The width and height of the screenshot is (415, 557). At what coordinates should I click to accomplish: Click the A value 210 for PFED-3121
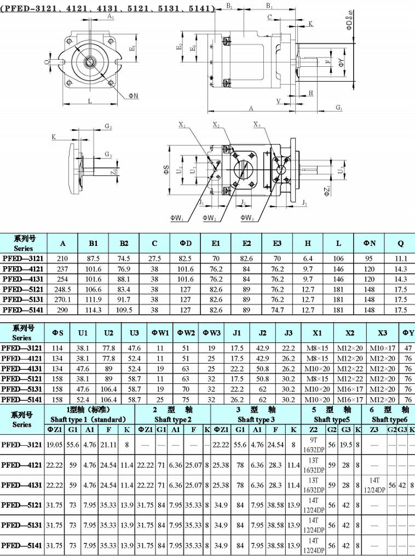click(x=63, y=258)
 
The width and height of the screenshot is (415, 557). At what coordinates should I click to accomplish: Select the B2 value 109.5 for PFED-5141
click(x=124, y=310)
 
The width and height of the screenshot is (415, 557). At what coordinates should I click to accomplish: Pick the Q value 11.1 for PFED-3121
click(x=401, y=258)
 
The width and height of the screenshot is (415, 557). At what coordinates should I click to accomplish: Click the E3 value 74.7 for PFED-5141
click(x=278, y=310)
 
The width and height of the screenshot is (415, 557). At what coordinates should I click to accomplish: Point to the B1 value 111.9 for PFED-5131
click(x=94, y=300)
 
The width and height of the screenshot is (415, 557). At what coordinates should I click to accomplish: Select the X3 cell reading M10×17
click(x=383, y=348)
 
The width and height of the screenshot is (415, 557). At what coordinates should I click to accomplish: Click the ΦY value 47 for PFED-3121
click(x=408, y=348)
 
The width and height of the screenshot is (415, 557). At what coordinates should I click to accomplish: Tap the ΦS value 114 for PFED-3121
click(x=57, y=348)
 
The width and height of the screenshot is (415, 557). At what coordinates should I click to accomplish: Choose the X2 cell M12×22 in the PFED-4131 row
click(x=350, y=369)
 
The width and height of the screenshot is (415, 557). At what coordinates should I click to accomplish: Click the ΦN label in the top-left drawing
click(x=134, y=95)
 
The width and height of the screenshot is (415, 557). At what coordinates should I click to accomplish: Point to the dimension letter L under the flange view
click(x=90, y=100)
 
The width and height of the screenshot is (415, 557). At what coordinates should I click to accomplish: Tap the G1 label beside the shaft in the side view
click(x=339, y=107)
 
